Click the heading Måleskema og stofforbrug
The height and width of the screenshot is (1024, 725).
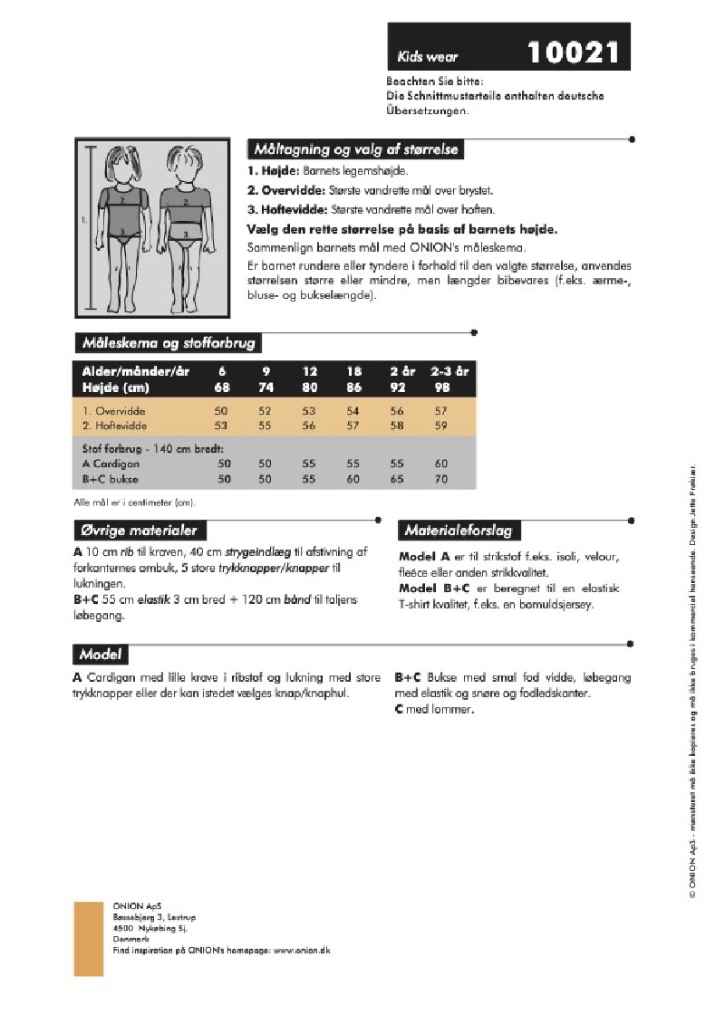[x=169, y=343]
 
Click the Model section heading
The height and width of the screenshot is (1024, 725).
[x=100, y=654]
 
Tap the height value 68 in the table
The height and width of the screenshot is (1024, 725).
[x=222, y=387]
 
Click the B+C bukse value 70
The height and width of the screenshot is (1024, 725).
[x=441, y=478]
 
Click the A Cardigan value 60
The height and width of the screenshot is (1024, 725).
[x=441, y=463]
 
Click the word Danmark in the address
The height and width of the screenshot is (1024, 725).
[x=129, y=940]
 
